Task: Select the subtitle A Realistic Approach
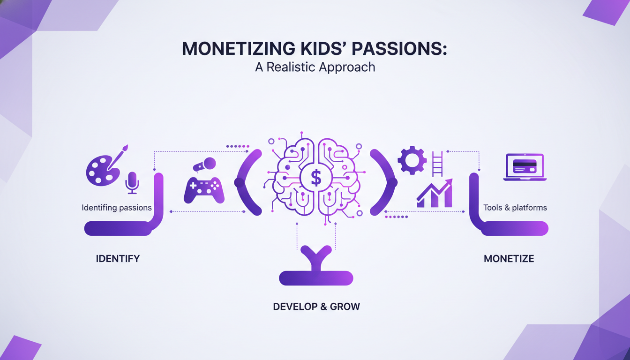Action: (315, 67)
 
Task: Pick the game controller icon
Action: (204, 190)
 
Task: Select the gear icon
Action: (412, 161)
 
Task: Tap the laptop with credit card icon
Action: (525, 167)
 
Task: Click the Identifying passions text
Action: (117, 207)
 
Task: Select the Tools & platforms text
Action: (515, 207)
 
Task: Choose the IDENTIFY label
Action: (118, 258)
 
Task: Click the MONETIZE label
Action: (509, 258)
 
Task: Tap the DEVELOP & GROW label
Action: (316, 307)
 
